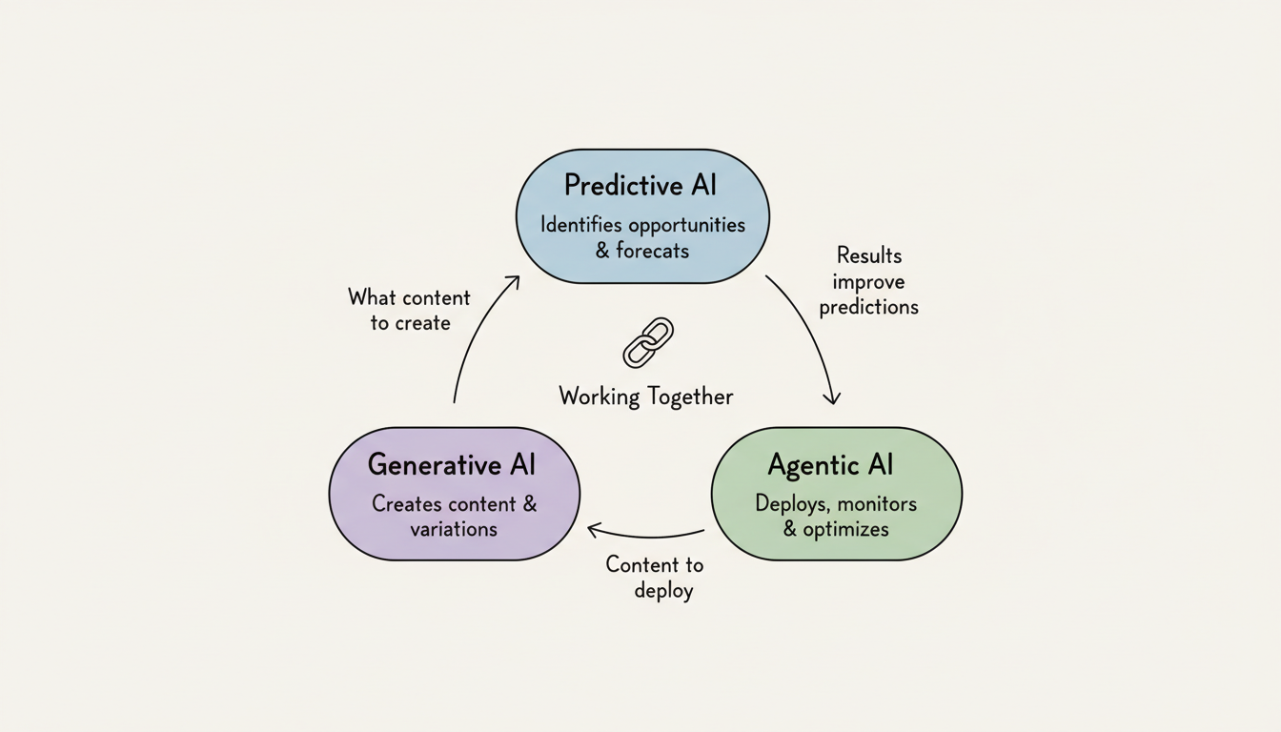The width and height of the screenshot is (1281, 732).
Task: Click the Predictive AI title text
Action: click(640, 185)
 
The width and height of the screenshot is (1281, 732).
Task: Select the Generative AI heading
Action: click(452, 465)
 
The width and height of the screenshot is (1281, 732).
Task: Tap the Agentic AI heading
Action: click(830, 465)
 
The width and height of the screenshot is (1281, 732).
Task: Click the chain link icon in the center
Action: click(648, 343)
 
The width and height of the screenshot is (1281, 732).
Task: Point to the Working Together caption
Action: click(646, 396)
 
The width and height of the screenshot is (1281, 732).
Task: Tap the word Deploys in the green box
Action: click(791, 503)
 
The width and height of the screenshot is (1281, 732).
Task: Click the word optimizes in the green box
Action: click(845, 529)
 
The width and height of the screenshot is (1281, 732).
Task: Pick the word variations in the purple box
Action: click(454, 529)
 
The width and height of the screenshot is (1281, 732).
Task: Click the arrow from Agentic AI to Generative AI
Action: click(645, 534)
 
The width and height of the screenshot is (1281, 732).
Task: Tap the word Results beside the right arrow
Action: click(869, 255)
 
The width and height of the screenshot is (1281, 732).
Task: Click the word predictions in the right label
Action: click(869, 307)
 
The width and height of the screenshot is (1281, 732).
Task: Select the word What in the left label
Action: click(372, 296)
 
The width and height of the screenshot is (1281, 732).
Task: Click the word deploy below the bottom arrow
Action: click(664, 591)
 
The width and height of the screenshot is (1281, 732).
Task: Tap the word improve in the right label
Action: click(868, 282)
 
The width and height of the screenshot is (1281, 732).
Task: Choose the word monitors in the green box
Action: click(876, 503)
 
